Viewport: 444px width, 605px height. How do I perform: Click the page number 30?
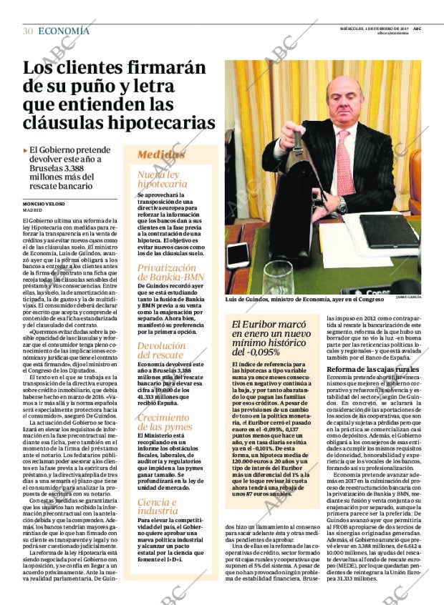coord(27,31)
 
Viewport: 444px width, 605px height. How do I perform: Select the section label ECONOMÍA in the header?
coord(64,31)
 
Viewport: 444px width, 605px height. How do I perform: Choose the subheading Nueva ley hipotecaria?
coord(162,179)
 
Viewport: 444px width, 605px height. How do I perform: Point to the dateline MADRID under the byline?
coord(32,211)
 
